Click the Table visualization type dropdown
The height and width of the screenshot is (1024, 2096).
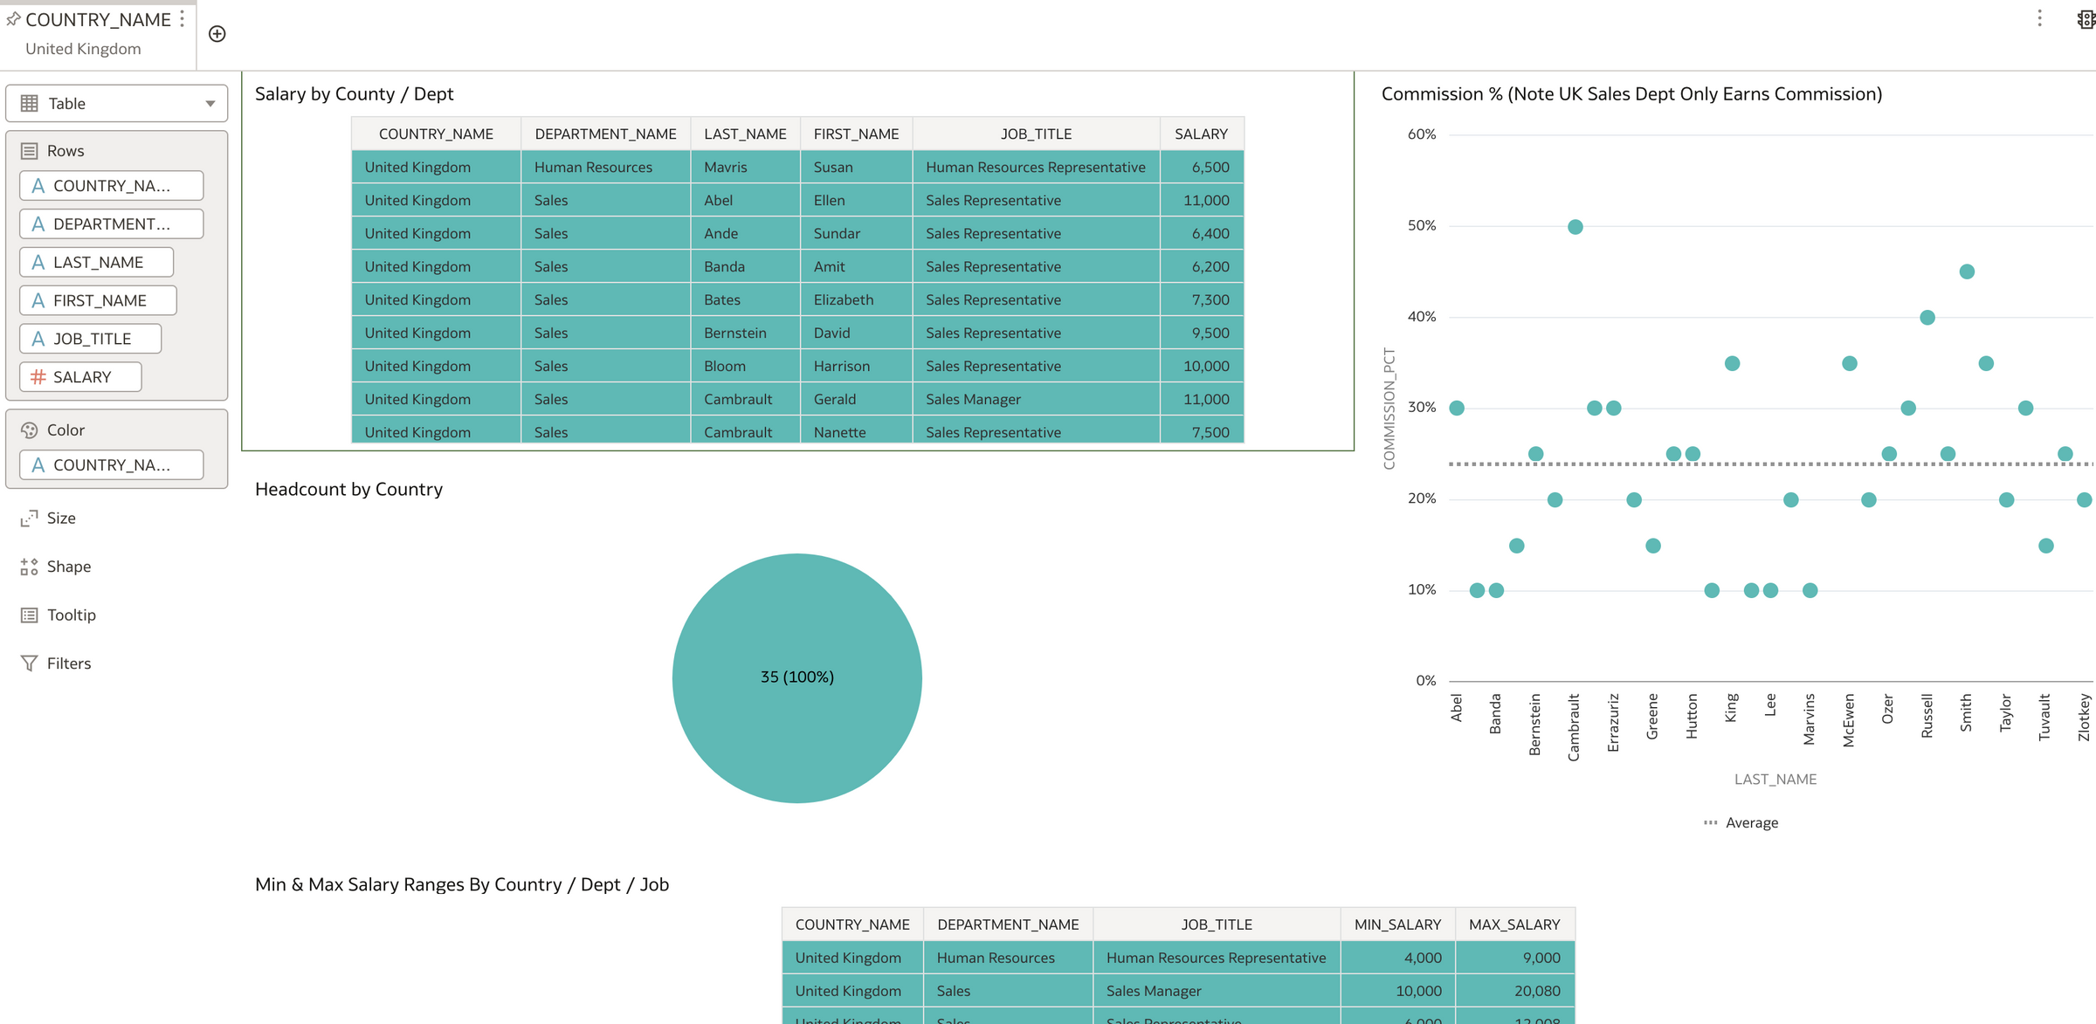[116, 103]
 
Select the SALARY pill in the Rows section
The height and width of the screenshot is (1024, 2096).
[80, 377]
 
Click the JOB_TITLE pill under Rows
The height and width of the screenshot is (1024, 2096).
[91, 339]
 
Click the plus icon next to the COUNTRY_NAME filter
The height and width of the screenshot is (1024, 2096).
[217, 34]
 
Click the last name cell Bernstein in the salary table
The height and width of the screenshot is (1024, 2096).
[734, 333]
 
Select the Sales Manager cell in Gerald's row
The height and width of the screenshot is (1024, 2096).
[973, 399]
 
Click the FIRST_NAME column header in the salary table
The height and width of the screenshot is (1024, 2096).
[855, 134]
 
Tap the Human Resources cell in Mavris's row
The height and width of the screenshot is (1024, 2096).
[593, 167]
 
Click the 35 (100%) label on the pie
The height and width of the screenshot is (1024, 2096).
[796, 677]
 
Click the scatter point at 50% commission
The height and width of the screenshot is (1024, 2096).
[1575, 227]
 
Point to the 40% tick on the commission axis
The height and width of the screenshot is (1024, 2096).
[1421, 316]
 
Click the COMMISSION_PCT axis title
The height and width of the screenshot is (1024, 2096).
[1389, 408]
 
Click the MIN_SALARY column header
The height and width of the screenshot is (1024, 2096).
[1396, 924]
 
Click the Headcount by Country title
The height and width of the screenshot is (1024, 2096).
[348, 489]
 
